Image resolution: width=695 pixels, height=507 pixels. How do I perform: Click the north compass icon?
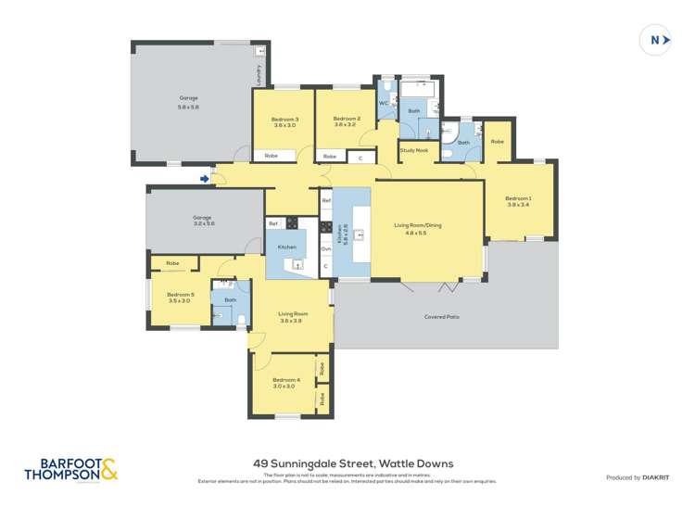[x=655, y=40]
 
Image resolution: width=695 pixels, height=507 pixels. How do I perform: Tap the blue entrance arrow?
[x=205, y=179]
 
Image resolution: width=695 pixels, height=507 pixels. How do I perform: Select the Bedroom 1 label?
[x=518, y=201]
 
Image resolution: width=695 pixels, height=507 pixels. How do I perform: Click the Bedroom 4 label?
[x=285, y=382]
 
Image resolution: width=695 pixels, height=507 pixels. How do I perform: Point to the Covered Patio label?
[x=442, y=317]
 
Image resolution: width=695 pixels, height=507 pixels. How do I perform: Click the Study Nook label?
[x=413, y=150]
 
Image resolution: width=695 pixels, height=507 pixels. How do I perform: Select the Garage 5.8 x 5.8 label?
[x=189, y=102]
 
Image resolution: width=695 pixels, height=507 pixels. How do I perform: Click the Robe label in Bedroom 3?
[x=272, y=156]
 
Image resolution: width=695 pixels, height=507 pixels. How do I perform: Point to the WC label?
[x=384, y=104]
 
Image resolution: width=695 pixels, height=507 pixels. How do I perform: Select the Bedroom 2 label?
[x=346, y=121]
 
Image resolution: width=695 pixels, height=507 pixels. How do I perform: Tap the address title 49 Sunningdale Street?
[x=353, y=463]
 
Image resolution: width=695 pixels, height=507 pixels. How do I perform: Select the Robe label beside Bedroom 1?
[x=498, y=142]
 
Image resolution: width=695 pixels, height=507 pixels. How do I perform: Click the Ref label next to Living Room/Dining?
[x=326, y=201]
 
